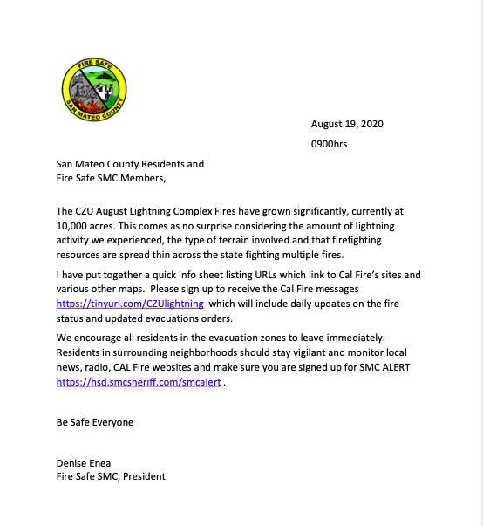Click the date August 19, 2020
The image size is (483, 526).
tap(348, 124)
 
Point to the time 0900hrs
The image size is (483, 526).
tap(329, 144)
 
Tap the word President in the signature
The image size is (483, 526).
tap(143, 476)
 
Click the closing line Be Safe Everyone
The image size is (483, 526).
tap(96, 421)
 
